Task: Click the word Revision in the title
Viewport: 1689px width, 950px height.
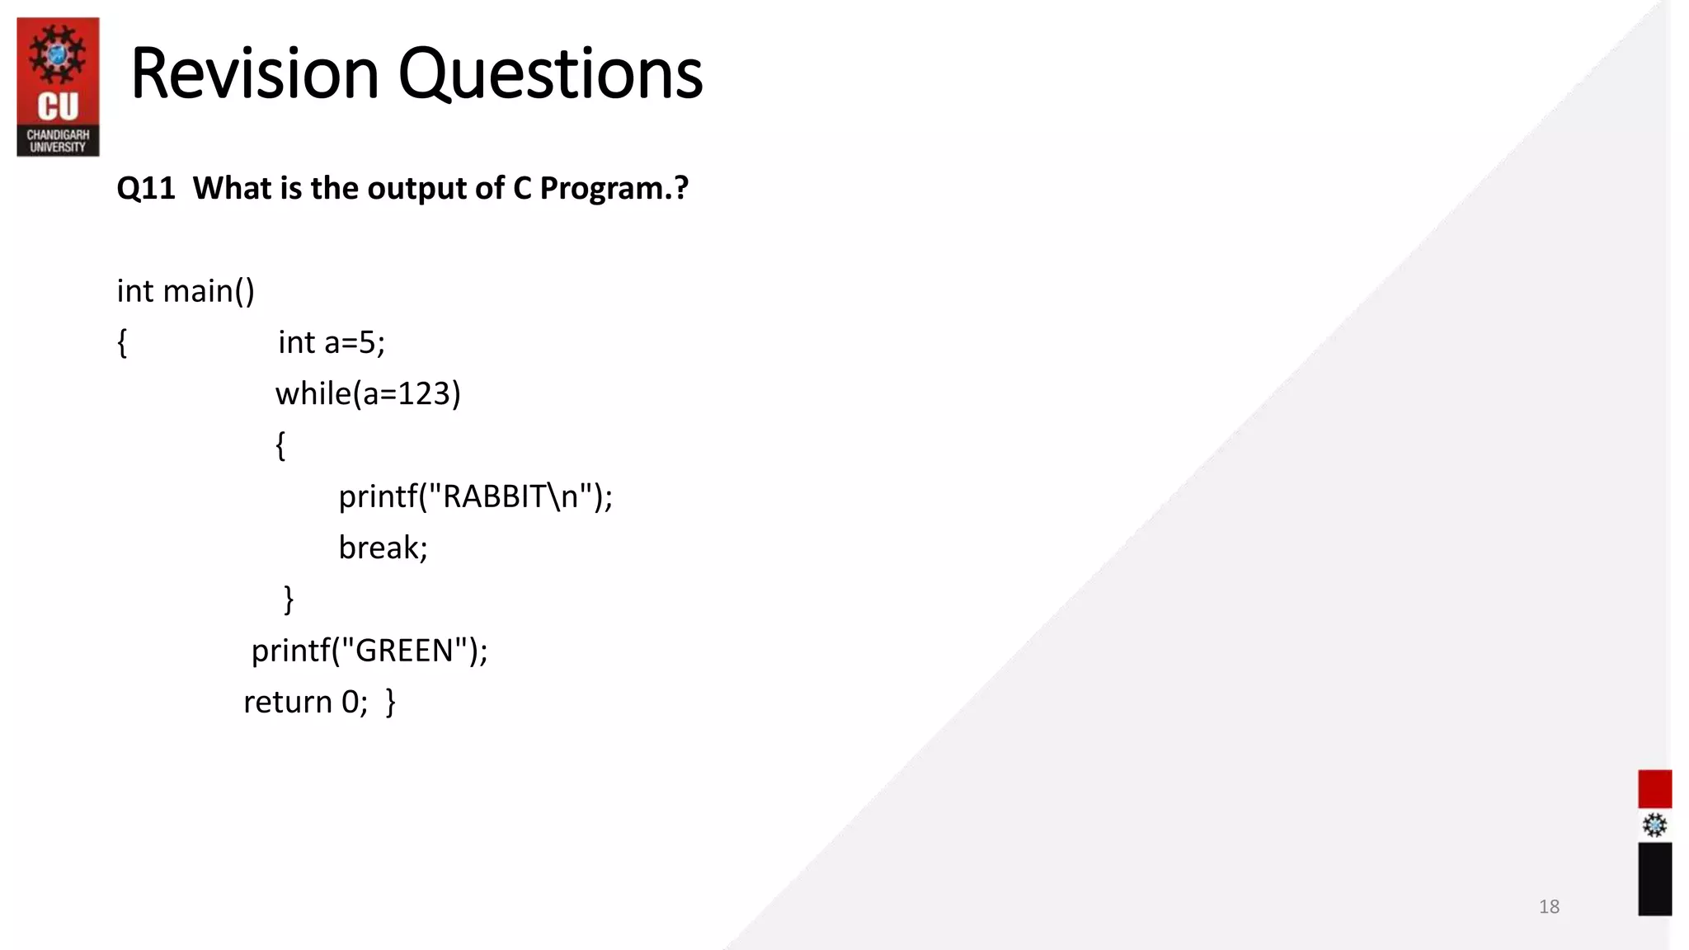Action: click(254, 74)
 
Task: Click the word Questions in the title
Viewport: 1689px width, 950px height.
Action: click(550, 74)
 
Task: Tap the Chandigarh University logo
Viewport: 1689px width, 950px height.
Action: click(58, 87)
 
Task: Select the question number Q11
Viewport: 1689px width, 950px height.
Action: click(146, 189)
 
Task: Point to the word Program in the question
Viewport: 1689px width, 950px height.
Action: click(600, 189)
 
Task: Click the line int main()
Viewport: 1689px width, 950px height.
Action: click(186, 291)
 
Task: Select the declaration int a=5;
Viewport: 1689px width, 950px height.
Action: click(332, 342)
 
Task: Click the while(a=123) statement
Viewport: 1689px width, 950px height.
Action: click(368, 393)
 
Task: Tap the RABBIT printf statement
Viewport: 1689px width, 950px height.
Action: click(476, 496)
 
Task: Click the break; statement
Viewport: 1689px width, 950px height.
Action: click(383, 548)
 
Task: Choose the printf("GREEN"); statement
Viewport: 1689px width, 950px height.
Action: click(369, 651)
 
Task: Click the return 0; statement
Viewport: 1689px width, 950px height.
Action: click(305, 702)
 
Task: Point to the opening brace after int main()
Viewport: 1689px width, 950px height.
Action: click(122, 342)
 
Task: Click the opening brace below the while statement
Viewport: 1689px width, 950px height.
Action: click(280, 445)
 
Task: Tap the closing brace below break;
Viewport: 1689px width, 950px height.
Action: click(289, 599)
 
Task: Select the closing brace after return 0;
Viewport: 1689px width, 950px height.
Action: click(391, 702)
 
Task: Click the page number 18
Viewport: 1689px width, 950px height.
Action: click(1549, 906)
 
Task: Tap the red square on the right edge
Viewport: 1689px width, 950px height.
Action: click(1654, 788)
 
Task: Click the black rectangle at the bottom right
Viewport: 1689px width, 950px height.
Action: click(1654, 878)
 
